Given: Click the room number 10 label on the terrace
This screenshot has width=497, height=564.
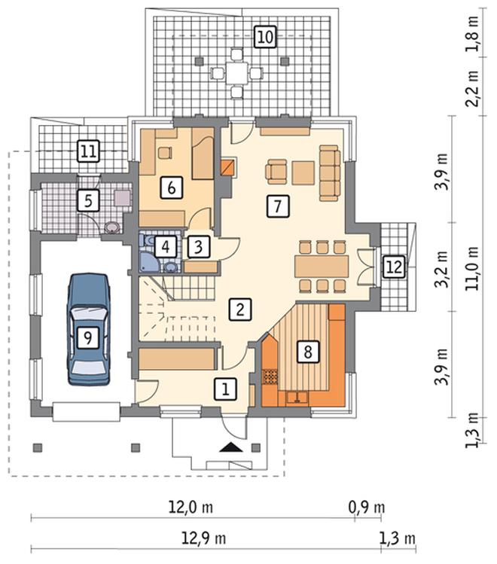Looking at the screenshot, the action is coord(265,37).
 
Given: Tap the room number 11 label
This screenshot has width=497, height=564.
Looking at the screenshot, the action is coord(88,151).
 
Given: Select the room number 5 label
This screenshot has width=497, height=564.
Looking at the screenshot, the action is coord(88,200).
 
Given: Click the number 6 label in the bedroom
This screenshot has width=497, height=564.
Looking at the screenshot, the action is coord(171,187).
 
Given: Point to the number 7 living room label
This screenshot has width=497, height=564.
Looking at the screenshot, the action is coord(278,206).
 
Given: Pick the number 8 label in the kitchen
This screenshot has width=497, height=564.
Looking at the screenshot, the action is coord(308,352).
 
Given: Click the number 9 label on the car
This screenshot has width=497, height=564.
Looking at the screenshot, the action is coord(87,337).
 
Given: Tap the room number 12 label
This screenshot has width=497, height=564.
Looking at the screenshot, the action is coord(394,267).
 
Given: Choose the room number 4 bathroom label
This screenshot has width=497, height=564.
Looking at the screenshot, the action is coord(166,247).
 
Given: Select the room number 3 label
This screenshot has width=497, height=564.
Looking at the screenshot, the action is coord(198,247).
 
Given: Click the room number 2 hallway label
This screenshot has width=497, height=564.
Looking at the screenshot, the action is coord(240,309).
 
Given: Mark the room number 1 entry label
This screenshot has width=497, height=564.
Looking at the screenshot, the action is coord(225,389).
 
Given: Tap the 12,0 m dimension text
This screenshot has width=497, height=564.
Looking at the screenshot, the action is coord(191,508).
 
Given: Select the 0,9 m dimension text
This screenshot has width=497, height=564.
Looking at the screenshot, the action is coord(367,508).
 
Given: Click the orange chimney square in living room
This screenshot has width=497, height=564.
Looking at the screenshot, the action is coord(228,167).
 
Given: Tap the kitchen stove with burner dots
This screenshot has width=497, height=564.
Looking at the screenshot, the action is coord(270,377).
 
